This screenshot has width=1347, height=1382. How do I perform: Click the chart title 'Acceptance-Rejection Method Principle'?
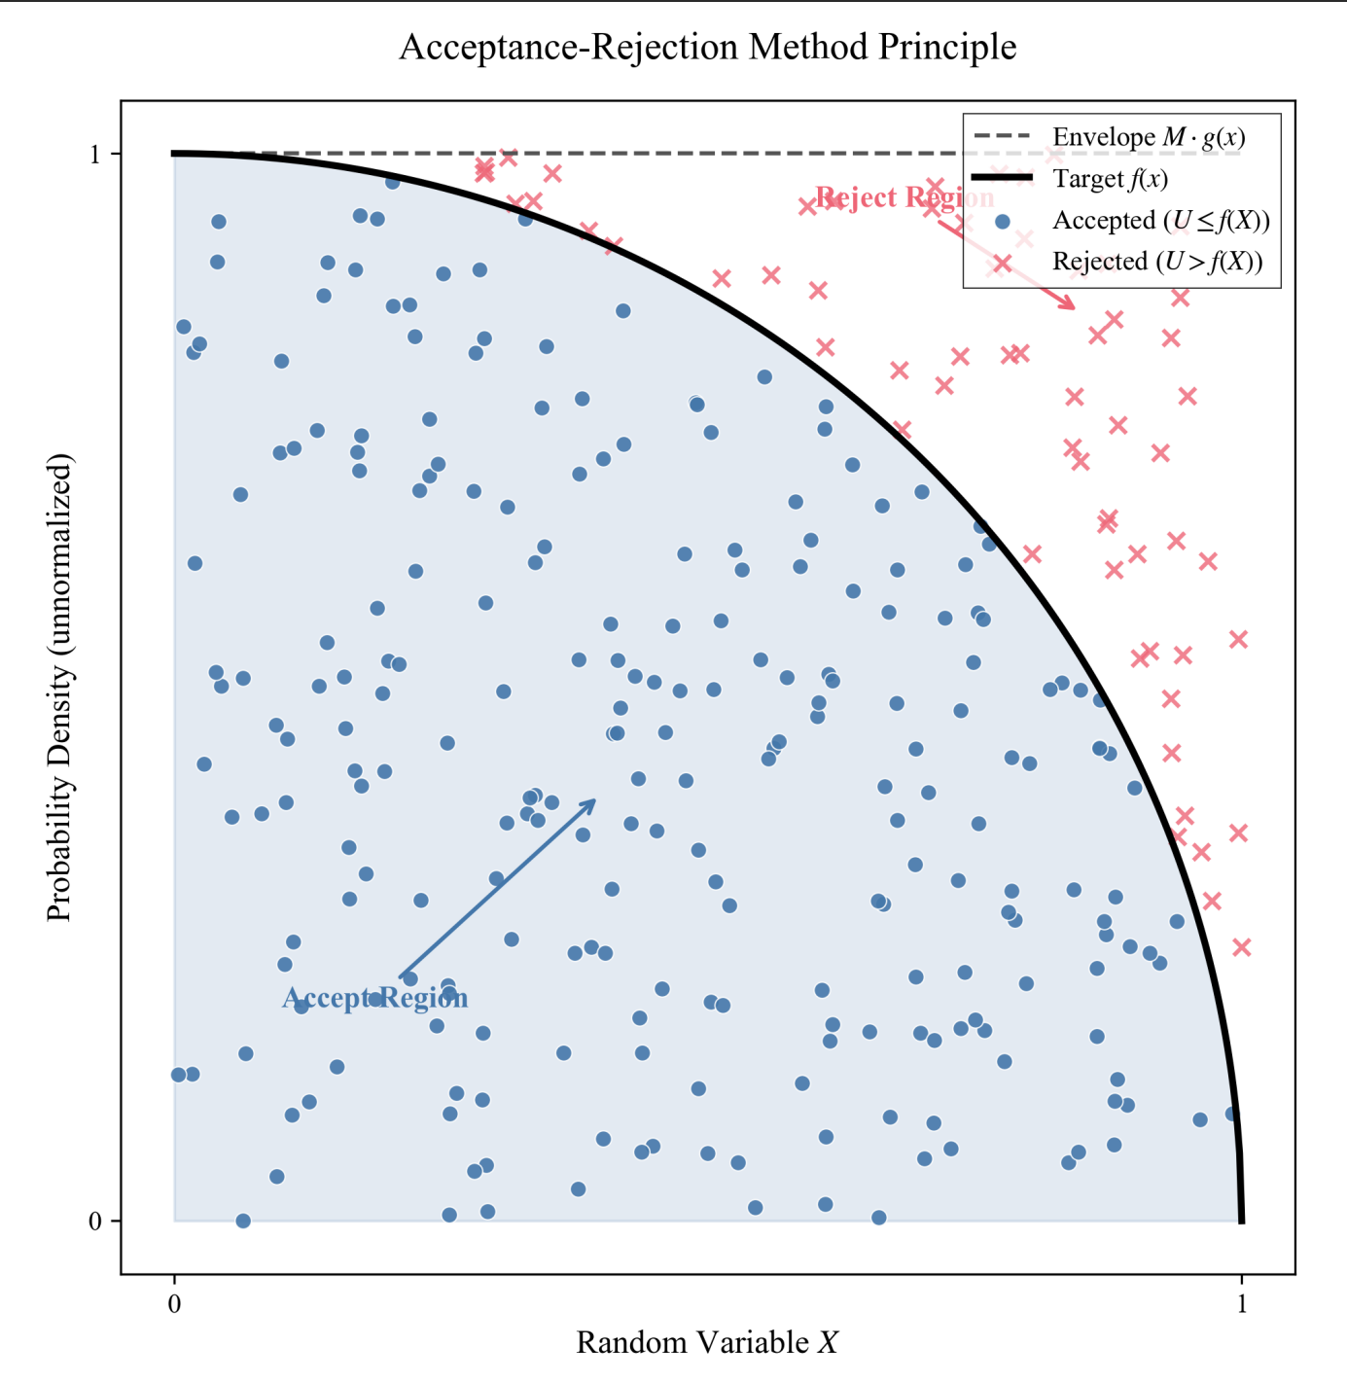[707, 47]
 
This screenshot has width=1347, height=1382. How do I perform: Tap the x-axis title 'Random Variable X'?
[707, 1342]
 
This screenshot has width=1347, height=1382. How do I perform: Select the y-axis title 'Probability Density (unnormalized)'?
[60, 687]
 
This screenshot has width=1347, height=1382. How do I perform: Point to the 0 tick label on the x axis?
[174, 1304]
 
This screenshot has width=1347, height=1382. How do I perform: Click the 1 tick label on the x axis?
[1241, 1304]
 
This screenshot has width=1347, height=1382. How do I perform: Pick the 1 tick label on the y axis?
[95, 154]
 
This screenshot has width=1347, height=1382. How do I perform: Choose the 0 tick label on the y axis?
[95, 1221]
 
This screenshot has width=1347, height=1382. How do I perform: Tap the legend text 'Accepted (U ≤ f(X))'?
[1161, 221]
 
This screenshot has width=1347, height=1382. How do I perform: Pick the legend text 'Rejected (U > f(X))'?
[1157, 262]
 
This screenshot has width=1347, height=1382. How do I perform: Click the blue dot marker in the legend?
[1003, 222]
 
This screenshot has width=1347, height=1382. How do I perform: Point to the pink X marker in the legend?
[1003, 264]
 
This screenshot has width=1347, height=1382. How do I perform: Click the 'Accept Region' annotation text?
[374, 998]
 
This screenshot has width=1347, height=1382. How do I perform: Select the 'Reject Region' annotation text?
[904, 197]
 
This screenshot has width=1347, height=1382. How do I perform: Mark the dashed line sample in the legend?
[1003, 137]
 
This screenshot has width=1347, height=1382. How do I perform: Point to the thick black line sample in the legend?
[1003, 179]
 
